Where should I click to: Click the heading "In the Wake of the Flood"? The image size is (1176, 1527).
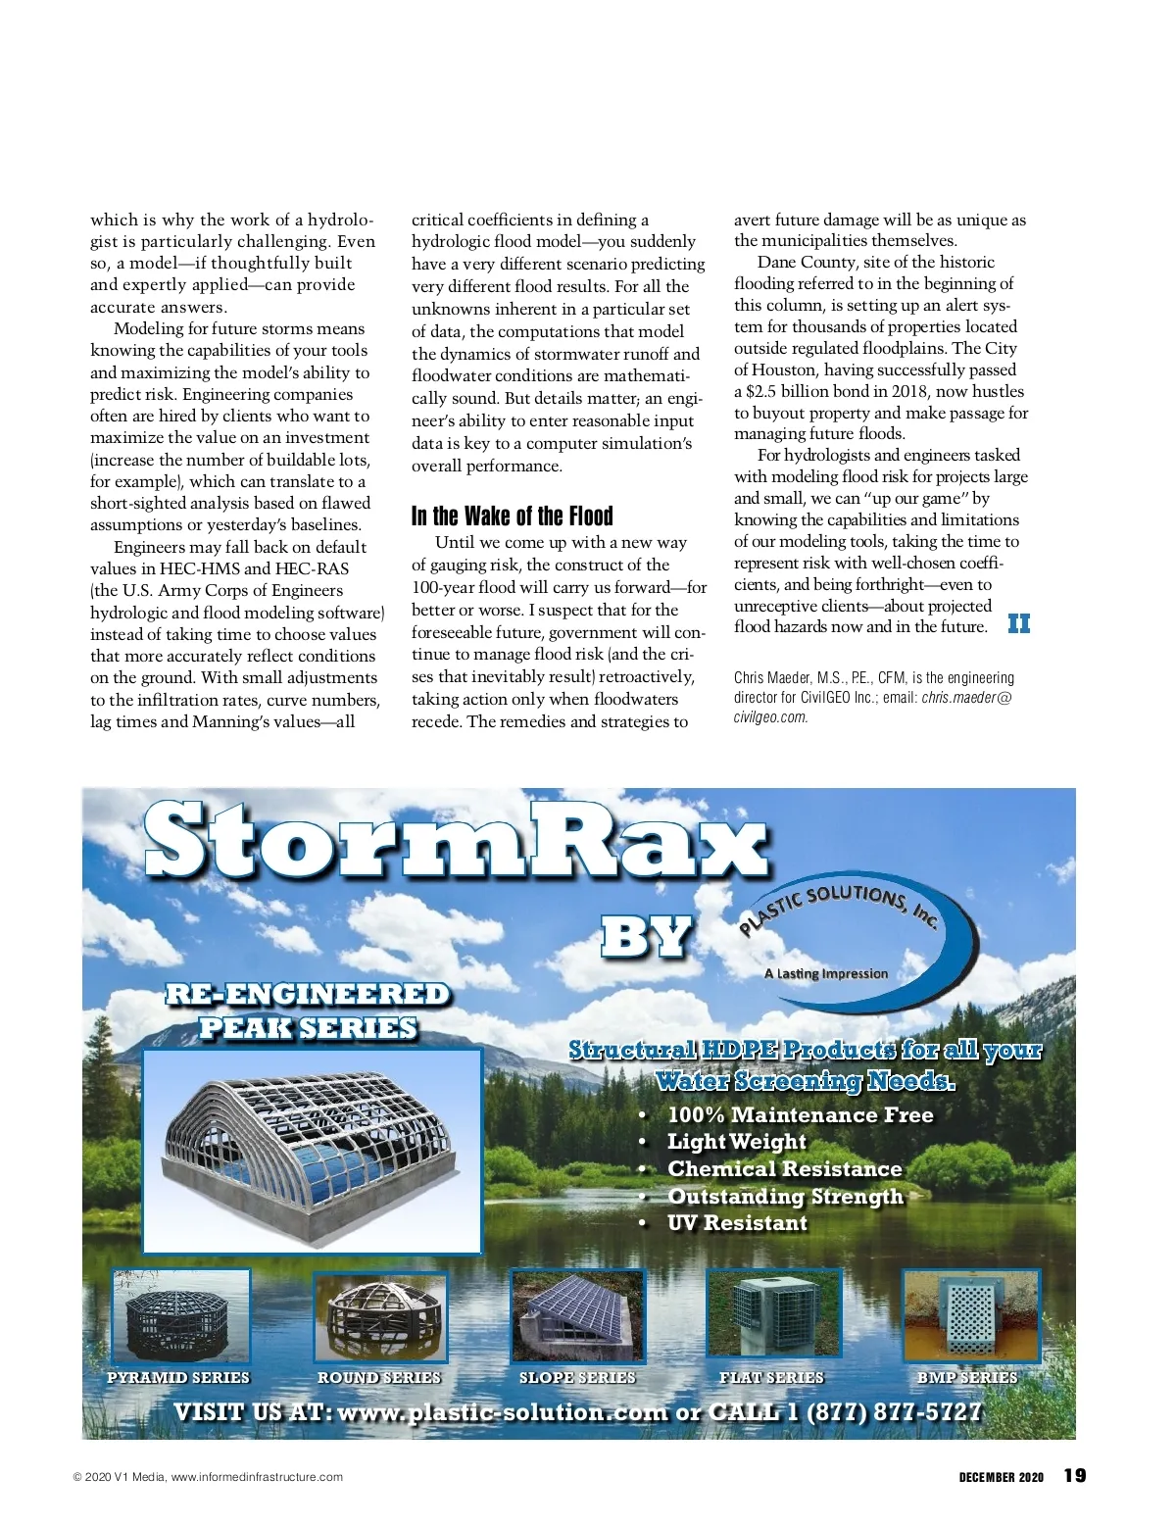tap(512, 517)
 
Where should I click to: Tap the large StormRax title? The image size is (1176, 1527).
tap(456, 841)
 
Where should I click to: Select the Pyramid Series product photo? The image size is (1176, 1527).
tap(181, 1315)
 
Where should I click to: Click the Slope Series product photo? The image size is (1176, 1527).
tap(578, 1315)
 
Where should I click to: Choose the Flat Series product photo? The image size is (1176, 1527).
tap(774, 1315)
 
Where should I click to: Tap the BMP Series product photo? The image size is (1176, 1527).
tap(970, 1315)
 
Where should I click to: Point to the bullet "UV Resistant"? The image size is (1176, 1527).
tap(737, 1223)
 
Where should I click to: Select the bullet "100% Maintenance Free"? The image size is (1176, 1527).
tap(800, 1114)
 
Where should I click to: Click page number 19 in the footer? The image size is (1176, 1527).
tap(1075, 1476)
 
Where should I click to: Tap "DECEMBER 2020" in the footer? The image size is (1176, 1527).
tap(1001, 1477)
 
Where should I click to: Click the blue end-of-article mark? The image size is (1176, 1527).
tap(1019, 624)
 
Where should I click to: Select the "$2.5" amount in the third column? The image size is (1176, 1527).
tap(761, 391)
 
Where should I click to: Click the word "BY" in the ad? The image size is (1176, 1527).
tap(647, 937)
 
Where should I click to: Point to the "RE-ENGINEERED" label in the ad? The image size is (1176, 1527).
tap(308, 994)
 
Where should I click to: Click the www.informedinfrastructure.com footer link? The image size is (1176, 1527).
tap(257, 1477)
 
